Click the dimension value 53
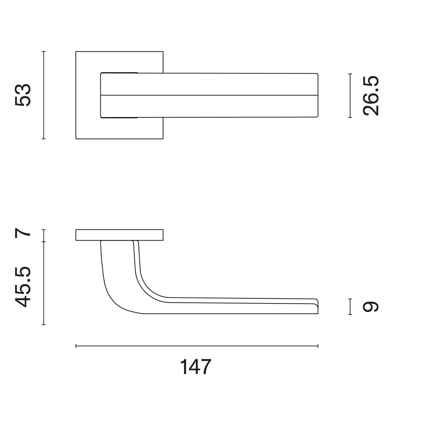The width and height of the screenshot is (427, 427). point(23,95)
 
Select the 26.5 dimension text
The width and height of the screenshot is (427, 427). point(371,96)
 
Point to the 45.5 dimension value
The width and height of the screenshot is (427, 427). point(23,287)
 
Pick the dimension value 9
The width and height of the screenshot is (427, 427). point(371,307)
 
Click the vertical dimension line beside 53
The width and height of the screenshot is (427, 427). point(44,95)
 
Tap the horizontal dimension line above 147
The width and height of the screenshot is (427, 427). point(197,346)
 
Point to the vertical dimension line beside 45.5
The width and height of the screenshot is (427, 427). point(44,283)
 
